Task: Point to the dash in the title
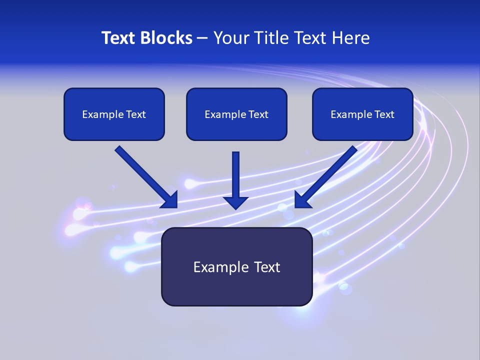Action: (x=202, y=38)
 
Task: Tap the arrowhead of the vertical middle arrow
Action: (x=235, y=202)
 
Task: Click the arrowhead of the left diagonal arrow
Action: (x=170, y=200)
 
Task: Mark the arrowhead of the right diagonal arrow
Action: (x=302, y=200)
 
